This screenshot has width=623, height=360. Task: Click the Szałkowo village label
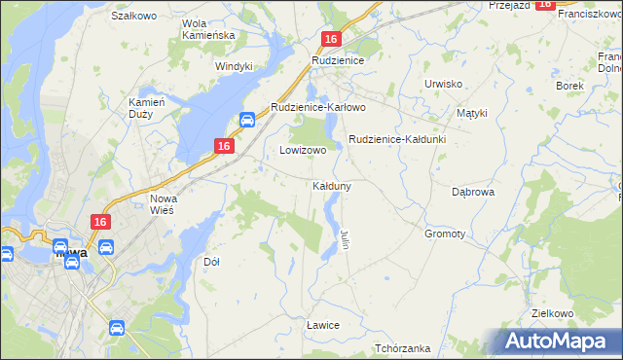coord(134,17)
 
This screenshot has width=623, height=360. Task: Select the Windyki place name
coord(235,66)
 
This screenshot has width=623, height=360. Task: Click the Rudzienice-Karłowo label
coord(317,107)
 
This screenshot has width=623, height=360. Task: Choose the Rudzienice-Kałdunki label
coord(396,139)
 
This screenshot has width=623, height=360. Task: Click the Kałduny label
coord(332,185)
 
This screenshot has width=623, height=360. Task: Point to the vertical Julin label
coord(344,238)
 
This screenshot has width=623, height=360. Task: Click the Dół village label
coord(211,262)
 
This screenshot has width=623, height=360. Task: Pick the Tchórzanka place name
coord(402,348)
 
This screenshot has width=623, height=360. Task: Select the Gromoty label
coord(445,234)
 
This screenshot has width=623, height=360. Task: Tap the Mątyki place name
coord(471,113)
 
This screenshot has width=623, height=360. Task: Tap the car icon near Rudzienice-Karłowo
coord(247,121)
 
